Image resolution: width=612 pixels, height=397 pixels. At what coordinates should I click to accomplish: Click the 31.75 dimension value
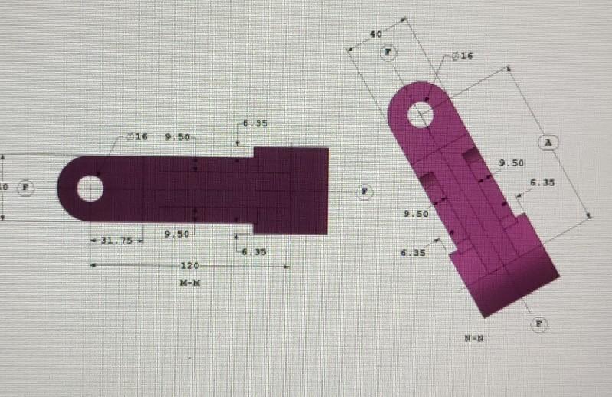click(x=117, y=240)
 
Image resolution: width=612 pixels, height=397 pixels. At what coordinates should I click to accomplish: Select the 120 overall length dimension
click(x=188, y=265)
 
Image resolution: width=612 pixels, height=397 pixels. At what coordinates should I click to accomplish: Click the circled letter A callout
click(x=548, y=143)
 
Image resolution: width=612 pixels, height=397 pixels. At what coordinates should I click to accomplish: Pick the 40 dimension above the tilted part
click(x=375, y=34)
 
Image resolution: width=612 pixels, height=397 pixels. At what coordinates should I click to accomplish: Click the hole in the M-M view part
click(x=90, y=188)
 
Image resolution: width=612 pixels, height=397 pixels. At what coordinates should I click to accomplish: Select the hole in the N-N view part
click(x=420, y=115)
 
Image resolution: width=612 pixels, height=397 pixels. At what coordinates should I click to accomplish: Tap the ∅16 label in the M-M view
click(x=136, y=136)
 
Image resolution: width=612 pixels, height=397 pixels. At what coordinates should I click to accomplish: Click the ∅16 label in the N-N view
click(x=463, y=56)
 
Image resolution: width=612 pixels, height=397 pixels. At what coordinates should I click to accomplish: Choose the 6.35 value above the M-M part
click(x=255, y=123)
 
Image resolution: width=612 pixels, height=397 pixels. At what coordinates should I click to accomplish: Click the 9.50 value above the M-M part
click(x=178, y=136)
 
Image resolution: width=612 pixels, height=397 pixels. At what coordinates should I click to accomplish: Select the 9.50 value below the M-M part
click(x=178, y=234)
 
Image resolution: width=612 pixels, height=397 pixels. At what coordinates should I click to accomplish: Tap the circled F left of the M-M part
click(x=27, y=187)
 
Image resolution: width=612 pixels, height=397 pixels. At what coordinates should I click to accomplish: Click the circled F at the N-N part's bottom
click(x=539, y=324)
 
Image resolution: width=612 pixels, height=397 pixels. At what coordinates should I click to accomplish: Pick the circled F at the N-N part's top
click(x=388, y=52)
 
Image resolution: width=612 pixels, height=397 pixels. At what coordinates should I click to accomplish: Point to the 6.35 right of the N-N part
click(x=542, y=182)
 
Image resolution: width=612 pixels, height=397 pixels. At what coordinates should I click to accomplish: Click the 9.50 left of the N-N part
click(x=416, y=214)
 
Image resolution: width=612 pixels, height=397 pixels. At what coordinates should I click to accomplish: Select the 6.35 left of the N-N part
click(x=411, y=252)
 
